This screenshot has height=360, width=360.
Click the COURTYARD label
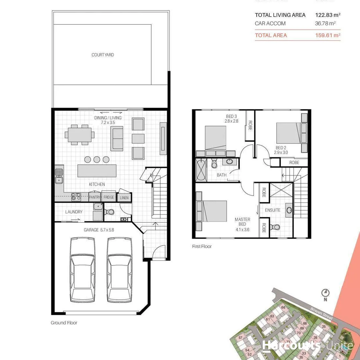(103, 55)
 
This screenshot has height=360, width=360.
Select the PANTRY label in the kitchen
(95, 197)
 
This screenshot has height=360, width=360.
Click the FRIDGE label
(108, 197)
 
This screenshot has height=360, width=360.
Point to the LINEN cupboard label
(124, 198)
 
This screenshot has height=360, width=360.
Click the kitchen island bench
(97, 171)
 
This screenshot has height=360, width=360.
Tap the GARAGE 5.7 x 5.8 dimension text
(99, 230)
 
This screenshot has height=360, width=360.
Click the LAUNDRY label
(74, 212)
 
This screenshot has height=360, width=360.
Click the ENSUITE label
(273, 210)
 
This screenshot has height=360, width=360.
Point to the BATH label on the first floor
(222, 175)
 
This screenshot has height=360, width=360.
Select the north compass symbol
(325, 293)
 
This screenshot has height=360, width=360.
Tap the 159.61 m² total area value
(328, 35)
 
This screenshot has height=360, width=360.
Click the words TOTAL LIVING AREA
(280, 15)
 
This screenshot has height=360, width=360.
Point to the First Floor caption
(202, 247)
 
